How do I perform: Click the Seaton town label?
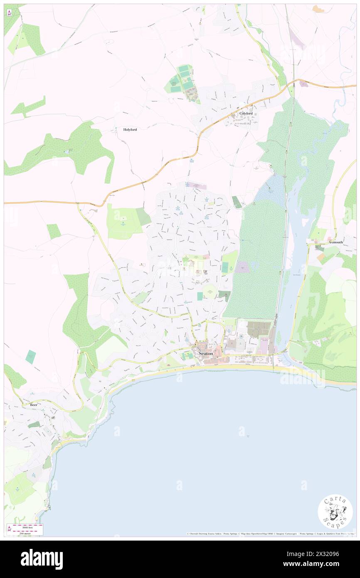pos(206,353)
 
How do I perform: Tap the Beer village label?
pos(33,405)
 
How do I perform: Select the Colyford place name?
pos(246,113)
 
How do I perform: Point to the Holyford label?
pos(130,129)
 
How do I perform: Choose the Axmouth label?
pos(336,242)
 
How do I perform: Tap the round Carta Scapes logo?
pos(335,511)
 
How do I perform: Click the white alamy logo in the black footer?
pos(42,559)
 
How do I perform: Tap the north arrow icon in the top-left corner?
pos(9,12)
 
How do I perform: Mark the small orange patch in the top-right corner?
pos(318,9)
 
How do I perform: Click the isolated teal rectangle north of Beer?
pos(30,357)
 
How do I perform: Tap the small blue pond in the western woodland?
pos(67,151)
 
